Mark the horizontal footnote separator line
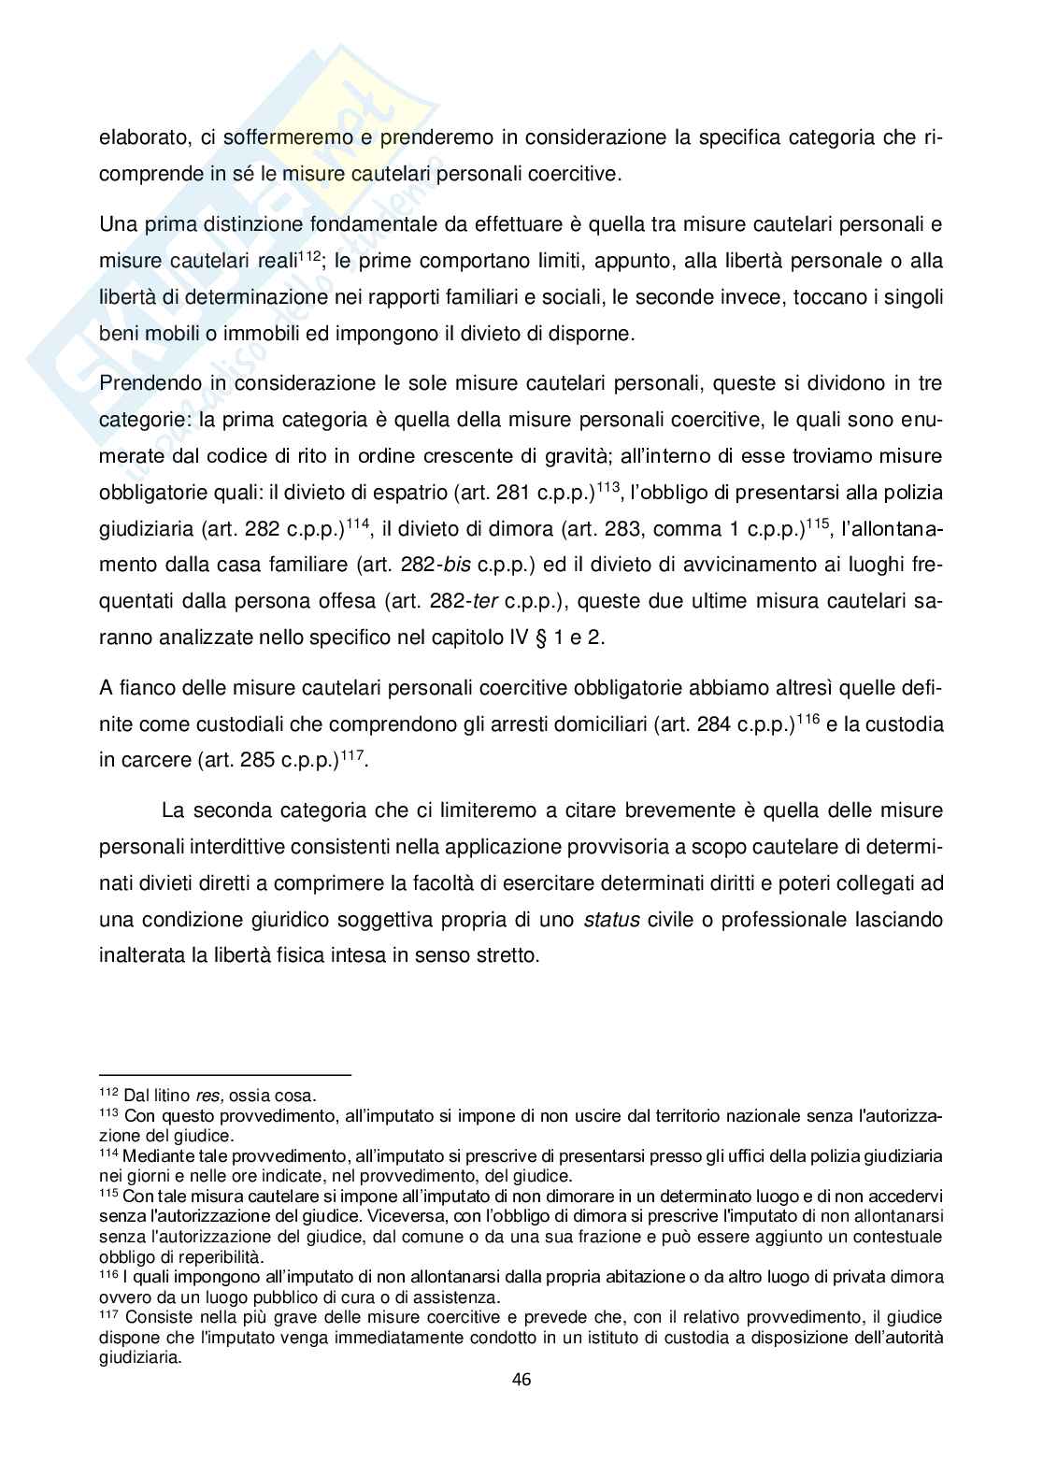(x=224, y=1075)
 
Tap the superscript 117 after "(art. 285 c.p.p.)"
(x=351, y=753)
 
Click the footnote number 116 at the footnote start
(x=108, y=1273)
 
